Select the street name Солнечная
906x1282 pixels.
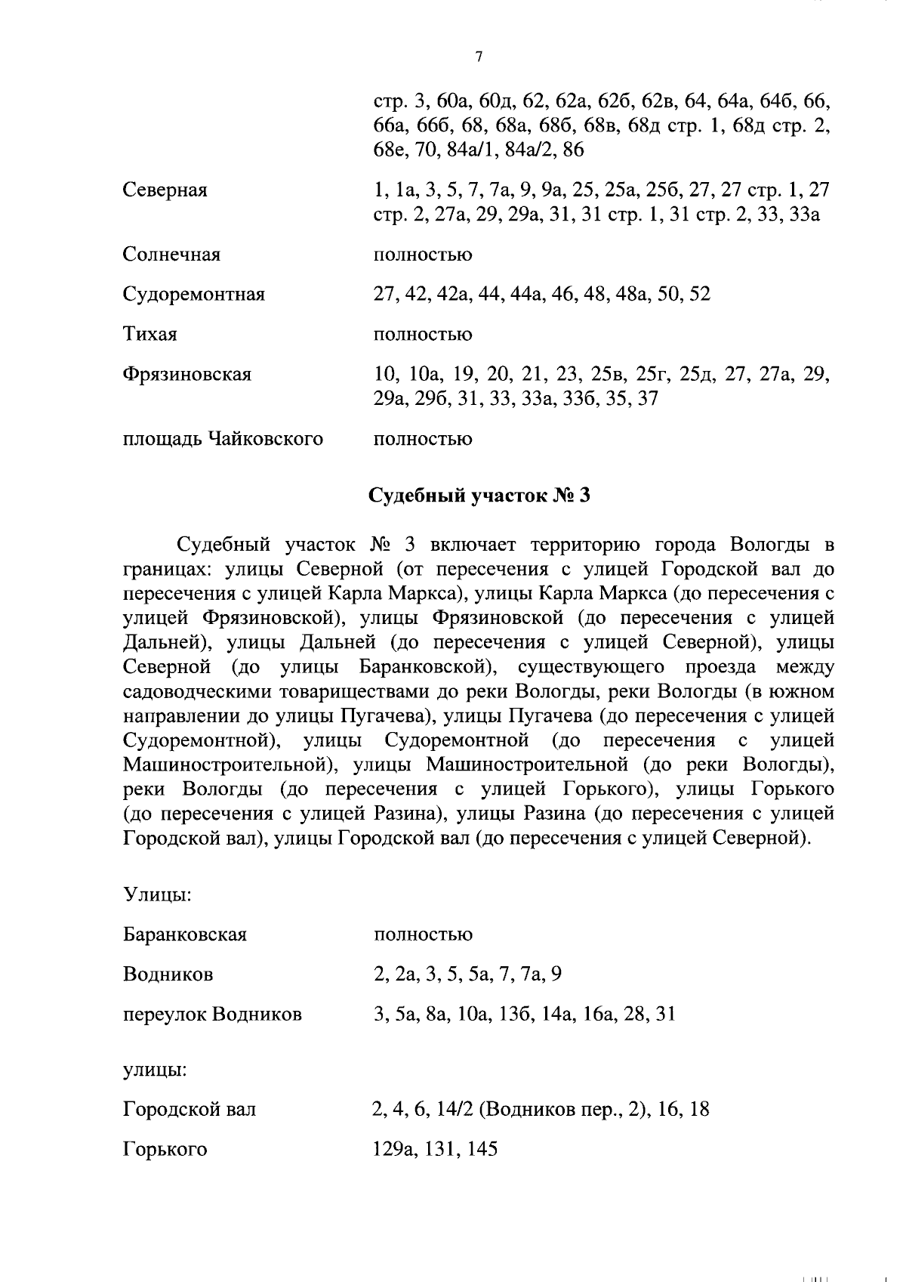(x=171, y=255)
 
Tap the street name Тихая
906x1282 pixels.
(x=149, y=334)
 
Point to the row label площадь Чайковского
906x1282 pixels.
(x=223, y=439)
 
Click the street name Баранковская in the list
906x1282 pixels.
(x=185, y=934)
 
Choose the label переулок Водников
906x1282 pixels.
(x=212, y=1014)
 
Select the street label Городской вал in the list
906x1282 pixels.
(x=190, y=1110)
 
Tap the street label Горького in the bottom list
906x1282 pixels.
(x=165, y=1150)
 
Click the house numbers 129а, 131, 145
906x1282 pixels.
(x=436, y=1150)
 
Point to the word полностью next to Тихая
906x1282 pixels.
(x=423, y=334)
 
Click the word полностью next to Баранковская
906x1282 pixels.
(x=423, y=934)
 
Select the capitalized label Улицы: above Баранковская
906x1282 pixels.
(x=156, y=895)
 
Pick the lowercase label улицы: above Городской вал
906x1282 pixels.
(x=155, y=1070)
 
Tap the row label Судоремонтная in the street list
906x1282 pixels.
(x=194, y=295)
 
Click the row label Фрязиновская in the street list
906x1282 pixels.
(x=187, y=374)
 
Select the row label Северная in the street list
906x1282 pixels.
(x=165, y=190)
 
